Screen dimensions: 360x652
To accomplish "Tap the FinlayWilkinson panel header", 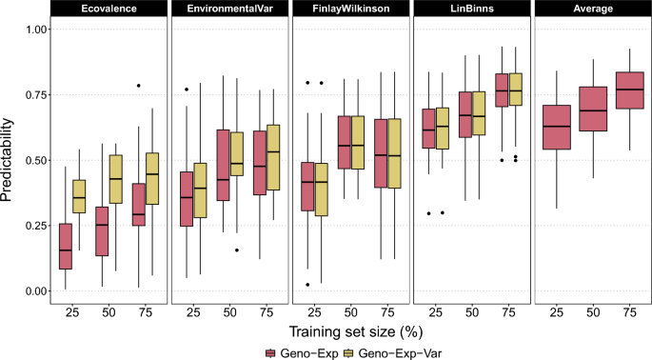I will click(350, 10).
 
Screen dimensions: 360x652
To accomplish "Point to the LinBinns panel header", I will click(471, 10).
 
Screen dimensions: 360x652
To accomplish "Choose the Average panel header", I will click(592, 10).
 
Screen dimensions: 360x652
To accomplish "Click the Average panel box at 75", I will click(624, 90).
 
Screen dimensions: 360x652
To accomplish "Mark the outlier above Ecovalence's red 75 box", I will click(138, 86).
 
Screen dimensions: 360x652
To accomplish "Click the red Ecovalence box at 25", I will click(66, 247).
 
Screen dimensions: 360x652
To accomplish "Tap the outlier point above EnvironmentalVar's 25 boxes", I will click(187, 90).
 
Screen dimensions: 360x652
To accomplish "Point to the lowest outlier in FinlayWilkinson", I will click(307, 284).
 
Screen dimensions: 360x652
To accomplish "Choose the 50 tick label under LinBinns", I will click(471, 311).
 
